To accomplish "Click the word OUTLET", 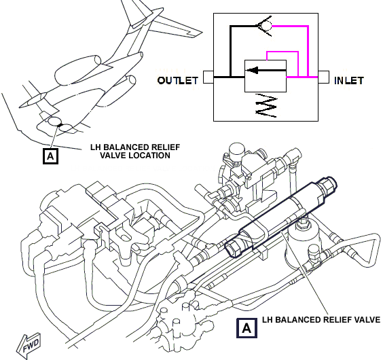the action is [177, 81].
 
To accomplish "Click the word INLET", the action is [349, 81].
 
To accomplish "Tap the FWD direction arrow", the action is [29, 345].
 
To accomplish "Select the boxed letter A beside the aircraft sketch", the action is [50, 156].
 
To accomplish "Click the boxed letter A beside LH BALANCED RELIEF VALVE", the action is [247, 328].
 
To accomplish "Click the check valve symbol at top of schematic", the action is [265, 26].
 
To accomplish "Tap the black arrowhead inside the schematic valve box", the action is [253, 71].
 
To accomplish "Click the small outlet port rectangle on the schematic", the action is [208, 77].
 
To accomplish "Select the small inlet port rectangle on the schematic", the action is [323, 77].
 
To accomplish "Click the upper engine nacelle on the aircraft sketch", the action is [78, 70].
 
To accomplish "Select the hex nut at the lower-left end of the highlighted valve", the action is [234, 247].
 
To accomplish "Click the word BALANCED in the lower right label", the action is [304, 320].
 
